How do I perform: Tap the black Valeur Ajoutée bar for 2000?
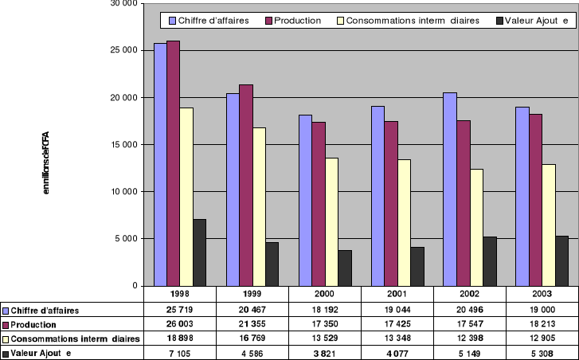coord(344,268)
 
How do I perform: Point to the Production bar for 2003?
coord(534,199)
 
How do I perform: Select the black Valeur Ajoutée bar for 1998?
coord(199,252)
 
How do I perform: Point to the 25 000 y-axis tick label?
coord(125,50)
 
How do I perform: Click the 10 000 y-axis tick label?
coord(125,191)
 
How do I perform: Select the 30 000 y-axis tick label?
coord(125,4)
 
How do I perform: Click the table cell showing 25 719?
coord(179,309)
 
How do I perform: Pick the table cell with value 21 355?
coord(251,324)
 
